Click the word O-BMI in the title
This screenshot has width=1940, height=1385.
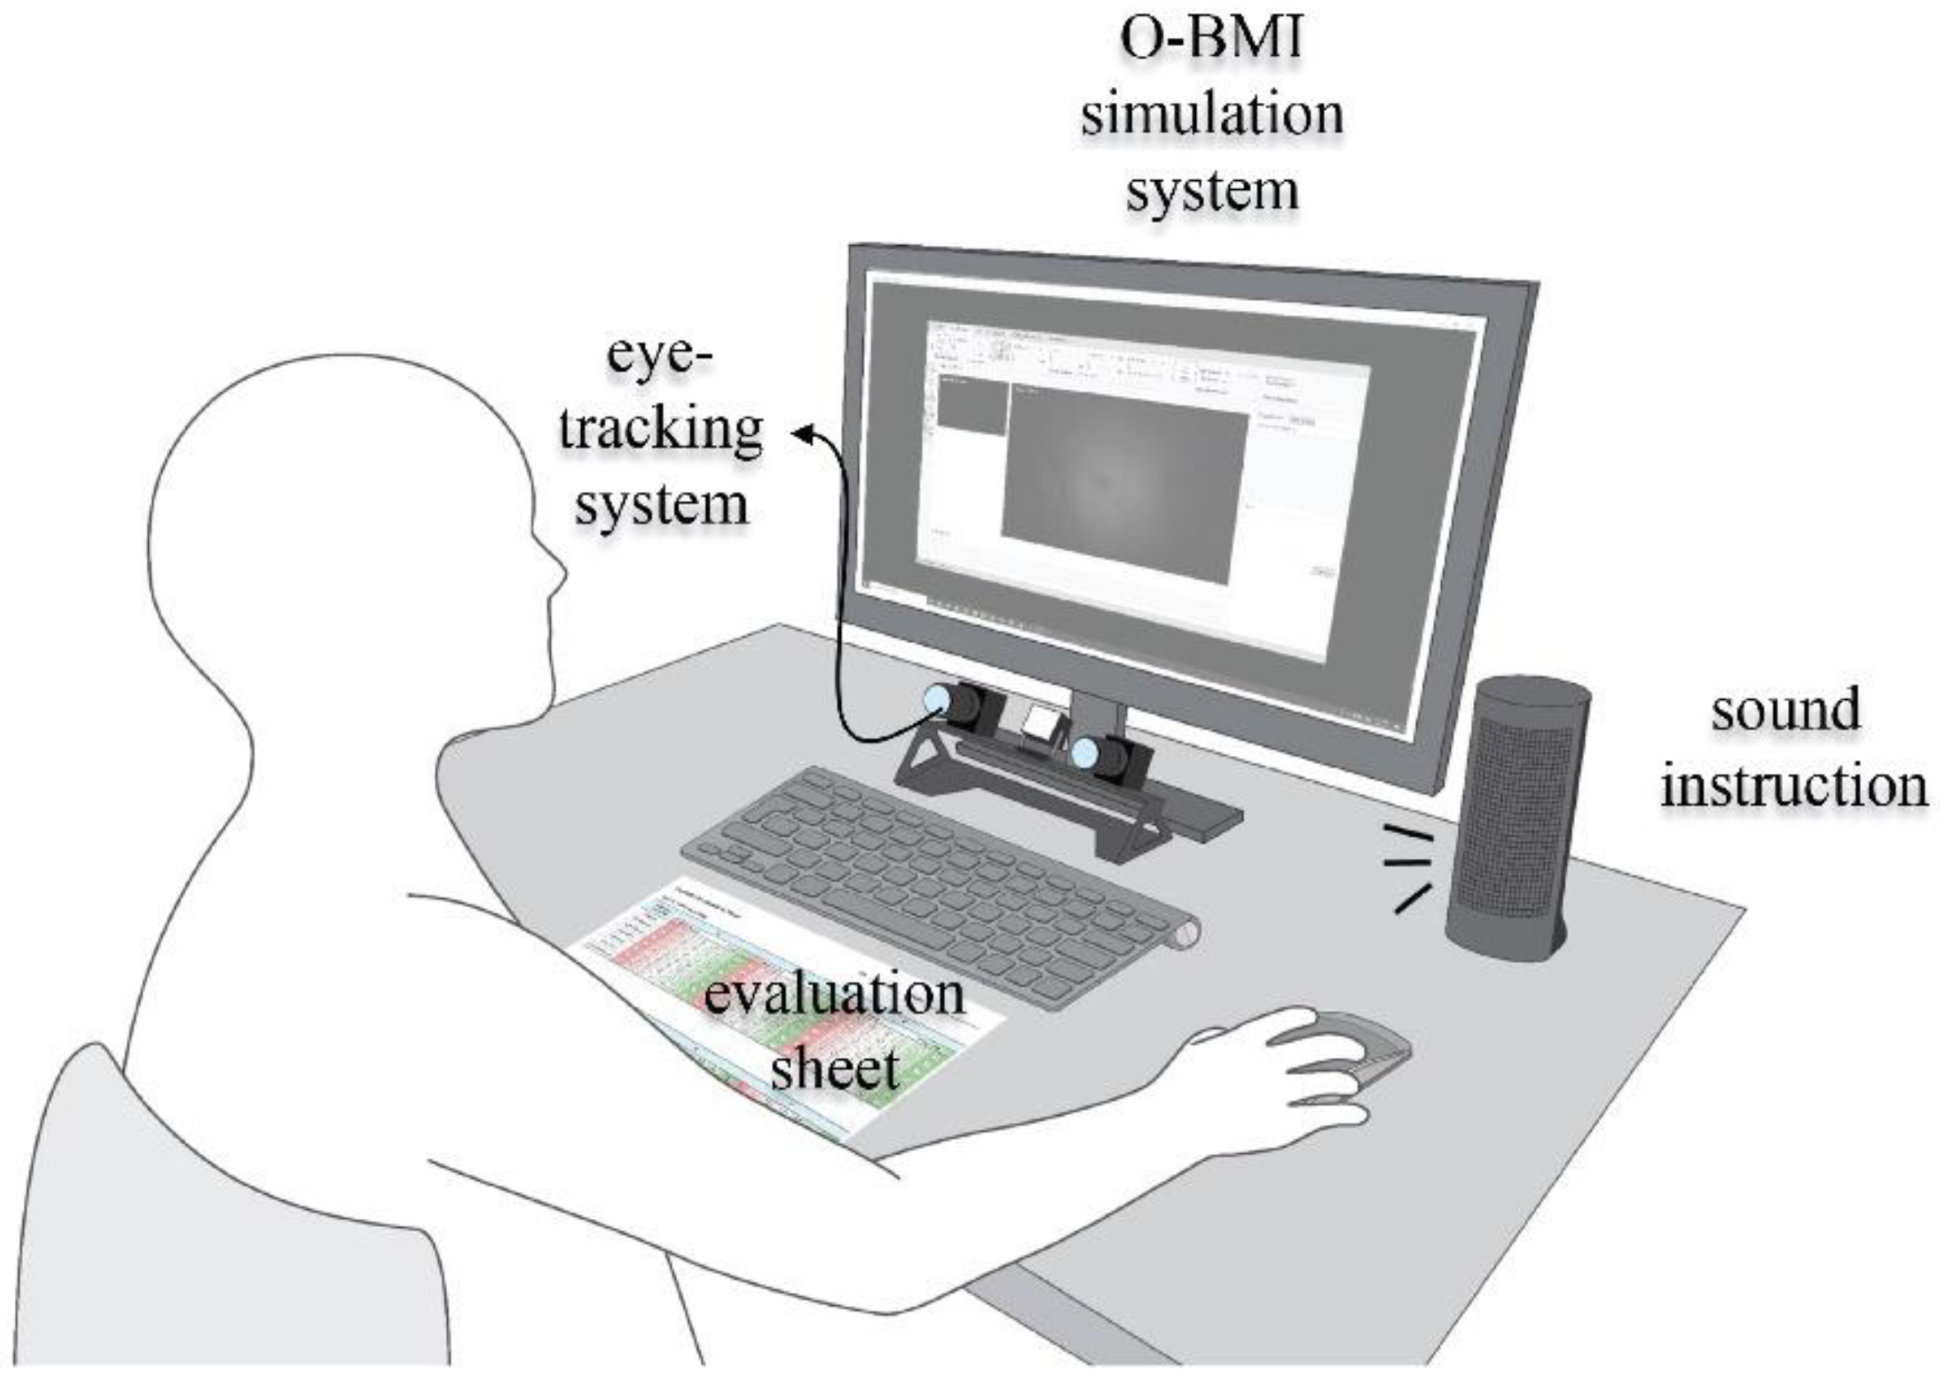pos(1211,39)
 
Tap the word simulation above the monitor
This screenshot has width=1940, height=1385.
pos(1211,115)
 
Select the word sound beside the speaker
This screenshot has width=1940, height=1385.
pos(1785,710)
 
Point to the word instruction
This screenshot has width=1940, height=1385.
pos(1794,785)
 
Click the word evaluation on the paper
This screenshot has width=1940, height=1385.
pos(833,994)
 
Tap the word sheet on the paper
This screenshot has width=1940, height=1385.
pos(834,1067)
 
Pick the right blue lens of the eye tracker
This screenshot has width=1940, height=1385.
pos(1085,753)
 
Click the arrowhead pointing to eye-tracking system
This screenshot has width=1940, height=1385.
pos(801,435)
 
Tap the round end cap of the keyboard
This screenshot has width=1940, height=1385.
pos(1187,934)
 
